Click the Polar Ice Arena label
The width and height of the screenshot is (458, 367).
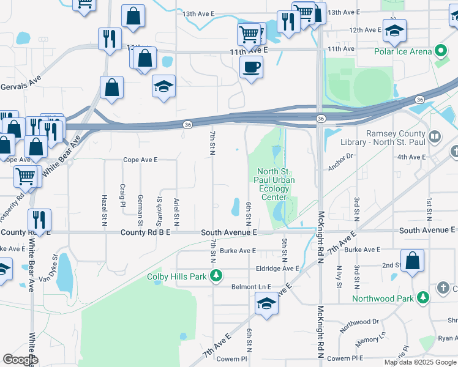click(403, 51)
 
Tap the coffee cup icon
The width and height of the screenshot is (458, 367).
click(251, 67)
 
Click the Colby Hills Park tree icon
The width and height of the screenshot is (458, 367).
click(216, 276)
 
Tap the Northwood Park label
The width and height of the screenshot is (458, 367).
click(383, 298)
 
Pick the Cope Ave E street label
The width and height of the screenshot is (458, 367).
click(140, 160)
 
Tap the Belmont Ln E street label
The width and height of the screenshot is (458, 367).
click(250, 287)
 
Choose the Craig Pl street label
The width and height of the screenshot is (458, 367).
click(122, 195)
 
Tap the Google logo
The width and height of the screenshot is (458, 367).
click(20, 360)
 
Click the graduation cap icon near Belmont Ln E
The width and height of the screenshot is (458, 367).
click(267, 303)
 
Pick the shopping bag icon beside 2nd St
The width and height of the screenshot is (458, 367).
click(413, 260)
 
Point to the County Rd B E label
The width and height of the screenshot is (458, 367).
click(146, 232)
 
